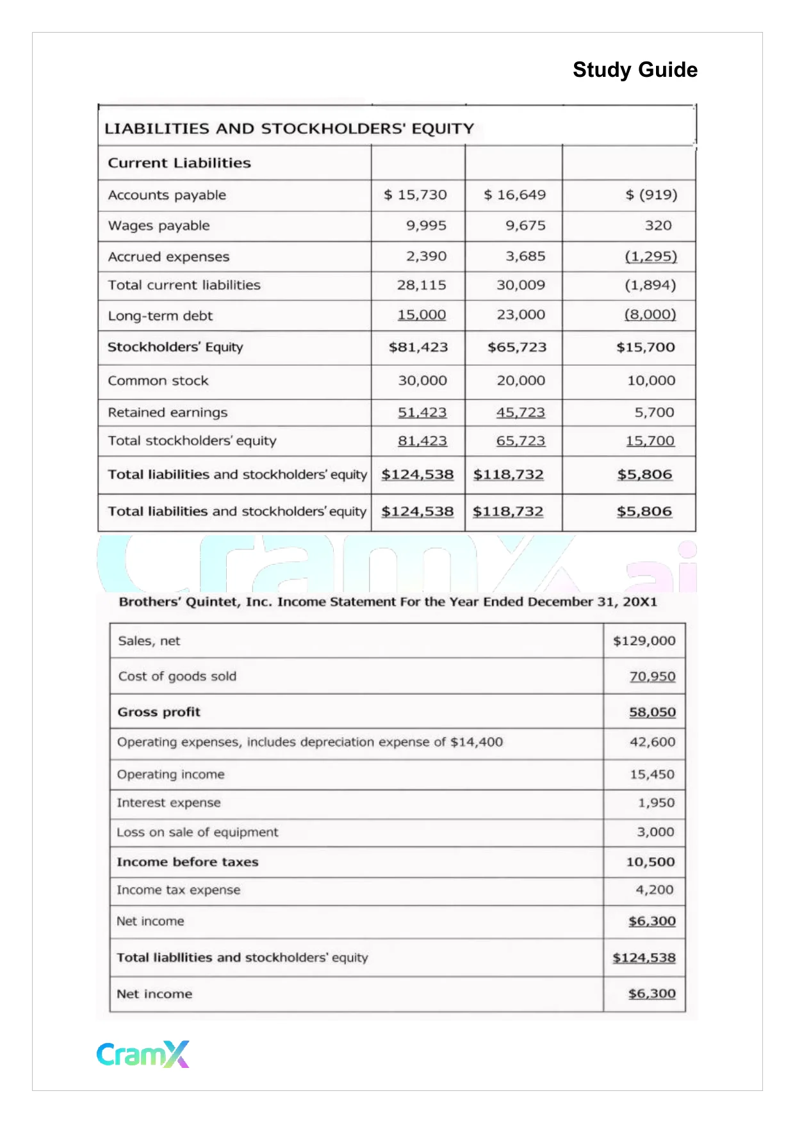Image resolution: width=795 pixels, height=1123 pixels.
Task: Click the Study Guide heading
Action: point(634,70)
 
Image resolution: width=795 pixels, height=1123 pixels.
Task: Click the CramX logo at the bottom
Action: point(143,1053)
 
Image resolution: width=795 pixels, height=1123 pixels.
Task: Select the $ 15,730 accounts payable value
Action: point(415,195)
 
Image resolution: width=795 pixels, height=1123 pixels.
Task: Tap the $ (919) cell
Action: point(651,195)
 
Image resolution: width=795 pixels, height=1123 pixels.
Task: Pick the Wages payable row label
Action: point(159,225)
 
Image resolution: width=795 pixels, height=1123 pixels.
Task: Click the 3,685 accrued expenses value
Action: point(525,256)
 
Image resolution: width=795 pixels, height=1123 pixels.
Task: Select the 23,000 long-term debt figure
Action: point(521,315)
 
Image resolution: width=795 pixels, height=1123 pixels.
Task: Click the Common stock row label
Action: point(158,381)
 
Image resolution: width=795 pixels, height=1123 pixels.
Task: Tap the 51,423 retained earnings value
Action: point(422,412)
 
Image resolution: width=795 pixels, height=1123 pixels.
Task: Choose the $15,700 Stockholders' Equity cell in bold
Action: point(645,347)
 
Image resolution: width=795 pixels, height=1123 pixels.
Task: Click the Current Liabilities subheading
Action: point(179,163)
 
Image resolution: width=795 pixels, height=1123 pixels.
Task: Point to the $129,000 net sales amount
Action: point(644,641)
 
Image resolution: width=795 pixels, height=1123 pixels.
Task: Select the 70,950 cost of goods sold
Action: point(652,677)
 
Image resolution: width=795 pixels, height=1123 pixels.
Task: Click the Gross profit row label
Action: point(159,712)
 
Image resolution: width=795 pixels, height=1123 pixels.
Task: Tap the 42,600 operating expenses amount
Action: point(652,742)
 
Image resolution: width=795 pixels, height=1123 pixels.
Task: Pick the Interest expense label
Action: point(168,803)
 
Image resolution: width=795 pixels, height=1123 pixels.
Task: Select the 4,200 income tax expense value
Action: point(654,890)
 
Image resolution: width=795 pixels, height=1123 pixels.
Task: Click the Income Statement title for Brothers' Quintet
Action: point(388,602)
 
